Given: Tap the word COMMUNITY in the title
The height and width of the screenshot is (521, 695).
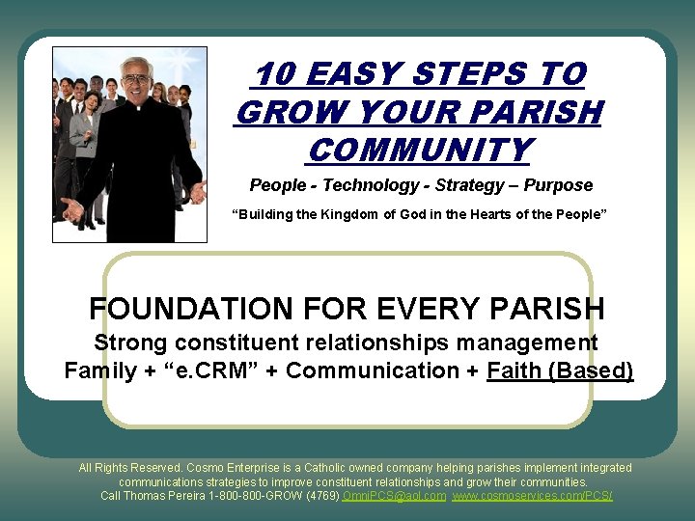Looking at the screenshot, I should [419, 151].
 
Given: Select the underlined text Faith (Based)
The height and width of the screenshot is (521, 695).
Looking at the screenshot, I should [560, 370].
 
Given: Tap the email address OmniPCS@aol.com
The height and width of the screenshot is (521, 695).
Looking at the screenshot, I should [395, 496].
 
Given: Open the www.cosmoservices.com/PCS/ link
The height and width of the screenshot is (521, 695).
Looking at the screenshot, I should [532, 496].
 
